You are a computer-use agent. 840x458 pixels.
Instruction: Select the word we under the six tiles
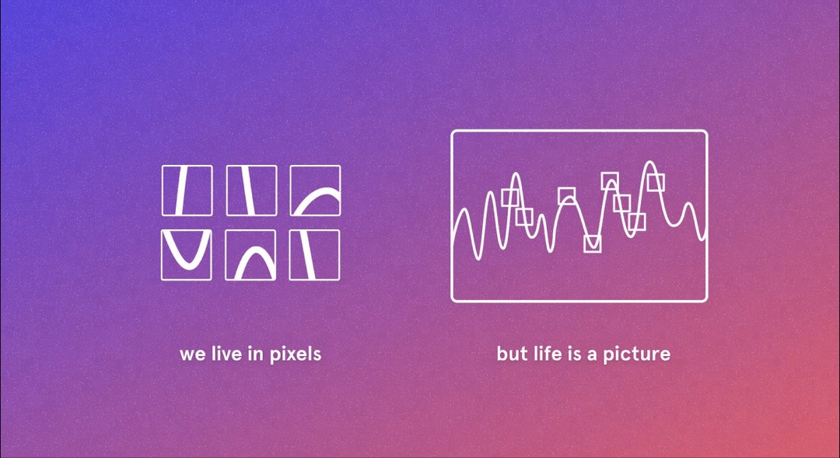coord(192,355)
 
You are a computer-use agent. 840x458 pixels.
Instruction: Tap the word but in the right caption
coord(511,354)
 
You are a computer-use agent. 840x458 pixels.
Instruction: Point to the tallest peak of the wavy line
coord(649,162)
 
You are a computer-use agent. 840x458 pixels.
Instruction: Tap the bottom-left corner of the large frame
coord(453,300)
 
